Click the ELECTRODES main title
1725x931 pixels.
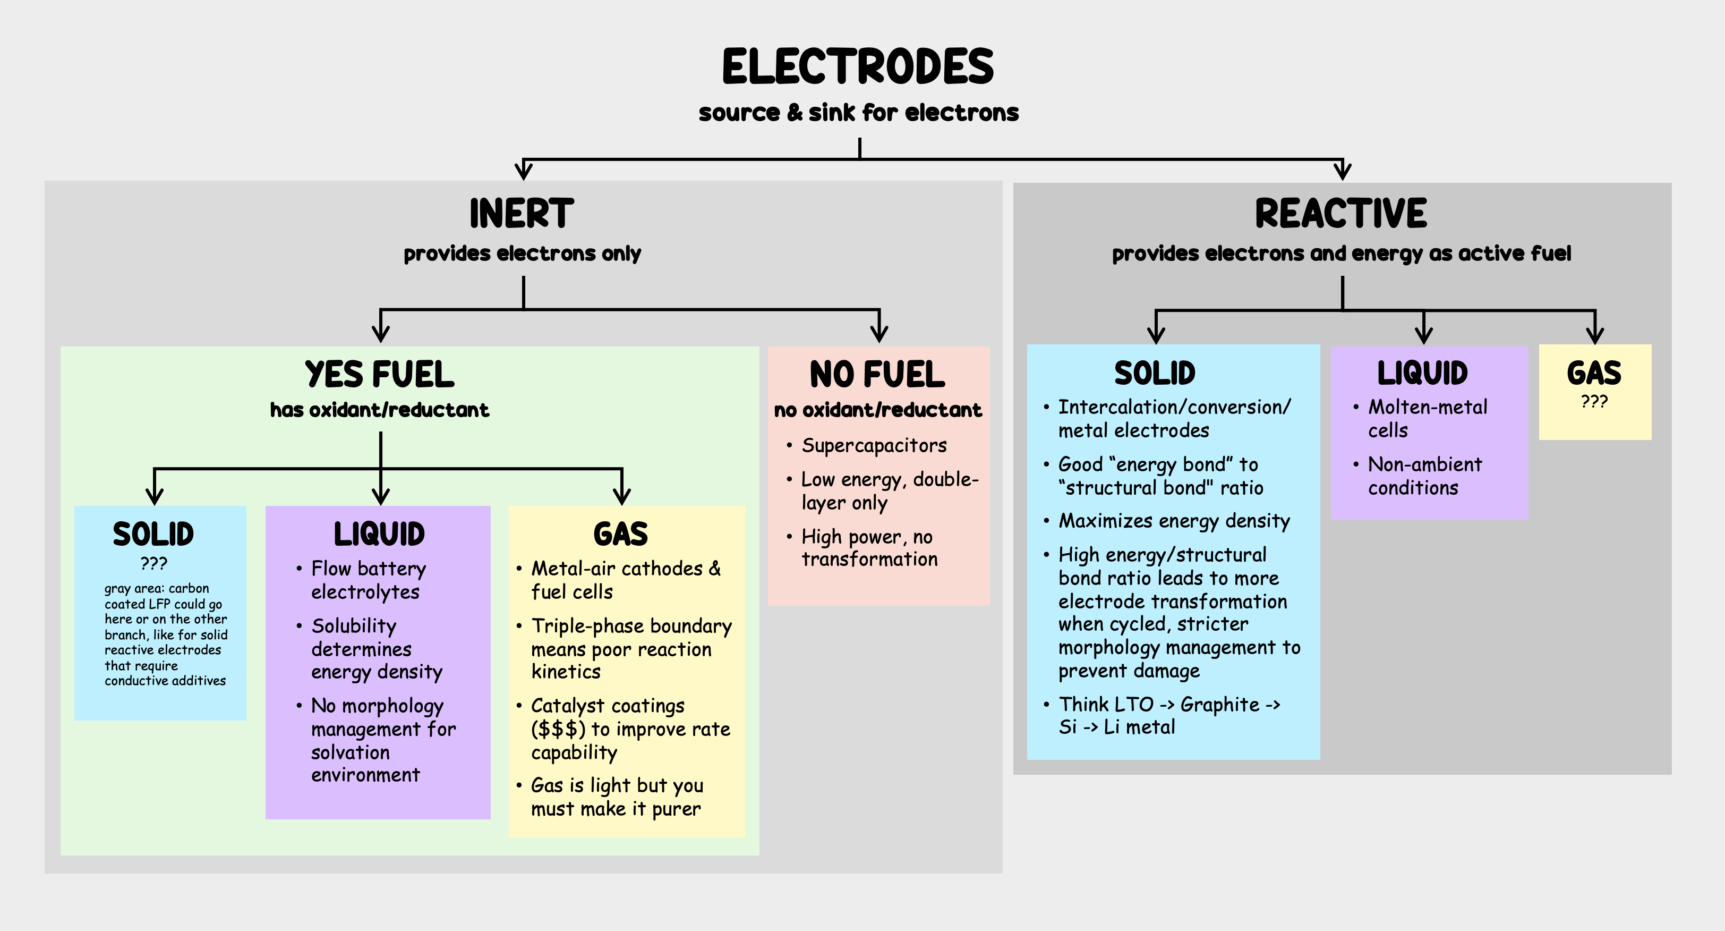point(858,67)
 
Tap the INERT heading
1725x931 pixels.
point(522,214)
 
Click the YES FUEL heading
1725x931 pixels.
point(379,375)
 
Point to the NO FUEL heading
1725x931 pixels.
point(877,375)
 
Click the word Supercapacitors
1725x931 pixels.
point(874,445)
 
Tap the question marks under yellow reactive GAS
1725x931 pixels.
point(1594,402)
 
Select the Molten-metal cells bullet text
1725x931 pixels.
point(1427,419)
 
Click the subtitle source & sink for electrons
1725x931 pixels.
point(858,113)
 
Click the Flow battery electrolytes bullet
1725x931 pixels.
point(368,580)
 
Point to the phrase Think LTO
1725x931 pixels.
point(1106,705)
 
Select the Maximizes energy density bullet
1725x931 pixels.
point(1173,521)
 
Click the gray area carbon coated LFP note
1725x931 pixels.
point(165,634)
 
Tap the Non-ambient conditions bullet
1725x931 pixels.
point(1424,476)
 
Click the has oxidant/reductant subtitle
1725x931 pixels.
point(379,410)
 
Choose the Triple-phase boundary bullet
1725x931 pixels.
point(631,648)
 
